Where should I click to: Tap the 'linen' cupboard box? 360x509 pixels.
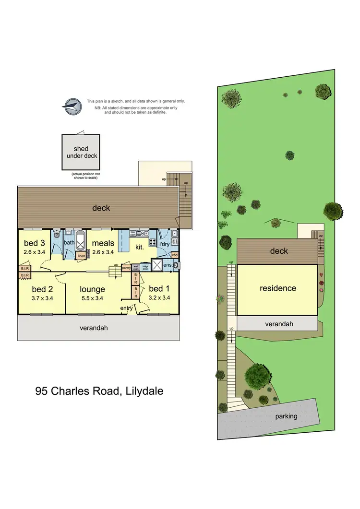82,256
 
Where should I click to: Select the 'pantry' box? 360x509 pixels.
127,268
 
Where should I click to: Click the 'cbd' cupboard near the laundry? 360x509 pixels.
175,255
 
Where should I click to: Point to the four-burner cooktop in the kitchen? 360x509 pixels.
153,242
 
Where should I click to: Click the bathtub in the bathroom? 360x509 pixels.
80,240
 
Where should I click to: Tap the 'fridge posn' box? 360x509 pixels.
145,268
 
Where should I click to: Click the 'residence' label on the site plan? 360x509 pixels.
278,288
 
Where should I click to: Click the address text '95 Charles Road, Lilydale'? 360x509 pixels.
99,391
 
